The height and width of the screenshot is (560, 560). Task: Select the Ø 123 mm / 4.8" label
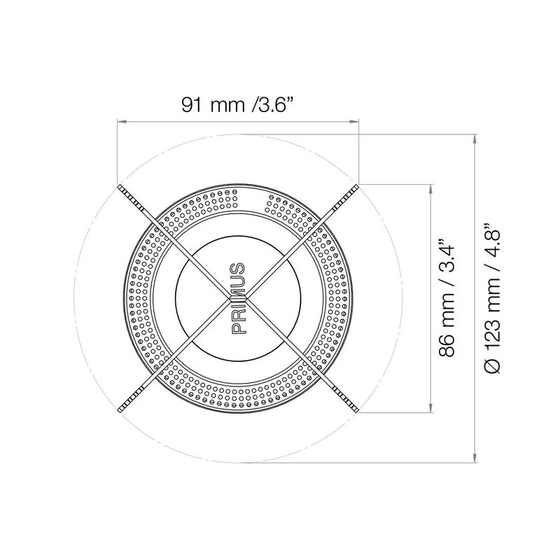click(492, 299)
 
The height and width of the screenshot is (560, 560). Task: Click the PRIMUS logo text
click(238, 298)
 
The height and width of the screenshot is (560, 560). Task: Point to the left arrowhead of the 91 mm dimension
click(122, 122)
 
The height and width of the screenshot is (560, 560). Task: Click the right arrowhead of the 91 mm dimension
click(354, 122)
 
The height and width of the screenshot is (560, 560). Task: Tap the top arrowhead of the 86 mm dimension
click(431, 189)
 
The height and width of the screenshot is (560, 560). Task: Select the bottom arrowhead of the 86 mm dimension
click(431, 408)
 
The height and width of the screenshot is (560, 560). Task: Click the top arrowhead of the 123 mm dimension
click(475, 139)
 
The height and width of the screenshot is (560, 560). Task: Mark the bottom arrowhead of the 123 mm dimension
click(475, 458)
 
